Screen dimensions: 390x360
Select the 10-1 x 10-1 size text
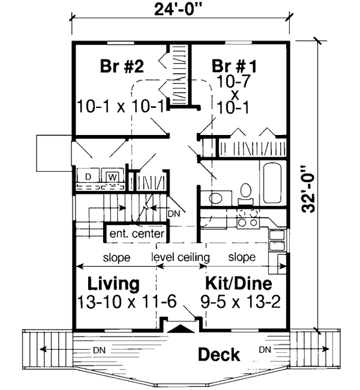coord(121,107)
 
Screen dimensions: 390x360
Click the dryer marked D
coord(88,177)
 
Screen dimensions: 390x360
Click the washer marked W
coord(112,177)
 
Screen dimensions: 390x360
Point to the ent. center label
coord(137,232)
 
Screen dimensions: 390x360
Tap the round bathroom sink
coord(218,197)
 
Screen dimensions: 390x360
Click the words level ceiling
coord(180,257)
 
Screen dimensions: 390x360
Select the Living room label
coord(114,283)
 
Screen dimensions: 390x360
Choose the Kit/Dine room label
coord(239,283)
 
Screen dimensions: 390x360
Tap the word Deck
coord(219,354)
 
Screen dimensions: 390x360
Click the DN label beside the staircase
coord(173,212)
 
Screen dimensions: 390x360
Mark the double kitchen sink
coord(277,240)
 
